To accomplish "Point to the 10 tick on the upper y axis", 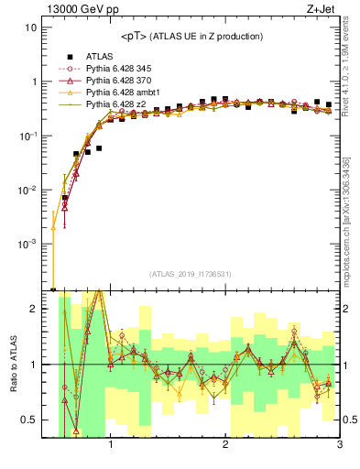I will point(30,27).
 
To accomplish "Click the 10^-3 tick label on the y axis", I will point(27,245).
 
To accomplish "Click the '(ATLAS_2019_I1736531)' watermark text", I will point(191,273).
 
